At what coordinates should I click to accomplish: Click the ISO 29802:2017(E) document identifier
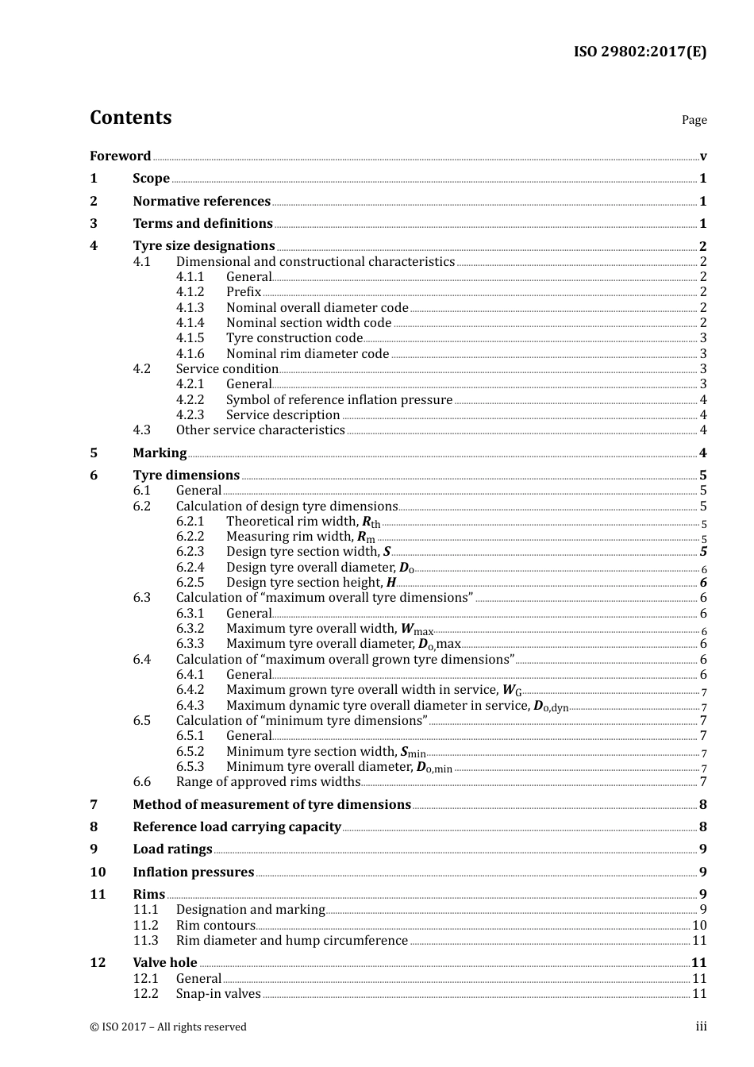pos(640,52)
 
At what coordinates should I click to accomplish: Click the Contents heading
pos(130,117)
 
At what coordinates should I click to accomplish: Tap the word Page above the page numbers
pos(694,120)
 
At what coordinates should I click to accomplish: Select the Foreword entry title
pos(120,156)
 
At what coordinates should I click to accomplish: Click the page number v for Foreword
pos(703,156)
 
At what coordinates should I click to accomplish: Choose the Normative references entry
pos(202,201)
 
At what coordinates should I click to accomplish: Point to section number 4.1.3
pos(190,307)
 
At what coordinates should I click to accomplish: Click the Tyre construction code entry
pos(294,338)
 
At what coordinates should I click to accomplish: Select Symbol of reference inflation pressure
pos(339,399)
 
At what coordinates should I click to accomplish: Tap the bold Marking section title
pos(160,453)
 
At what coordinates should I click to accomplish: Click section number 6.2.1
pos(190,522)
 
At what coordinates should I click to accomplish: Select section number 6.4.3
pos(190,705)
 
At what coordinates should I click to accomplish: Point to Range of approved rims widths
pos(267,782)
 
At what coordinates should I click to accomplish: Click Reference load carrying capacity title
pos(237,826)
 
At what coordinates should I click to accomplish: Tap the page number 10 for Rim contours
pos(699,925)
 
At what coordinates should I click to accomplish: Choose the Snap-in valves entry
pos(217,994)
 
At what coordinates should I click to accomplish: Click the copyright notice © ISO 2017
pos(168,1027)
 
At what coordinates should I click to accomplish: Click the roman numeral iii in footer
pos(702,1027)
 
